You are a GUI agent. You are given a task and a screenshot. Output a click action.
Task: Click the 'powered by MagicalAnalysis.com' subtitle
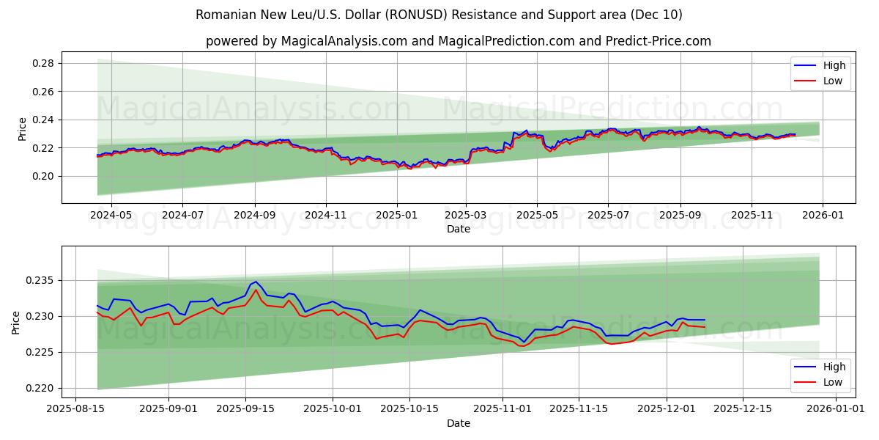458,41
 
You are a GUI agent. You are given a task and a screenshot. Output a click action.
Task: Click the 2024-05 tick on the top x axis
111,216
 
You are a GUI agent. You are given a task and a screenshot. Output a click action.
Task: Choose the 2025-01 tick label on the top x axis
396,216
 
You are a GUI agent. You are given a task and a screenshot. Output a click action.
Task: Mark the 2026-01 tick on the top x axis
822,216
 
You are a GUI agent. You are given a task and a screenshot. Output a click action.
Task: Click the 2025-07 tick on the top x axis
608,216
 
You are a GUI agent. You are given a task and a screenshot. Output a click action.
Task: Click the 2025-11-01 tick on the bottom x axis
502,410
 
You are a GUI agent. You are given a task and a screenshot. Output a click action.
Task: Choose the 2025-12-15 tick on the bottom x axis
742,410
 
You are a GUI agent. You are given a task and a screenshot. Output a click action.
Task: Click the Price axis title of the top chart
22,129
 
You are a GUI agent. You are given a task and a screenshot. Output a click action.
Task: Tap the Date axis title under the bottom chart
458,424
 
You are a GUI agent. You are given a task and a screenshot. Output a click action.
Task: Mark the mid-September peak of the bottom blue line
255,281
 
